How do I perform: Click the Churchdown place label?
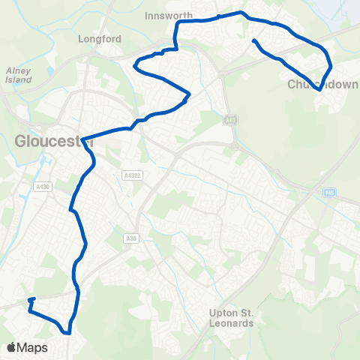click(323, 84)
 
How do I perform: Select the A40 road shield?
click(229, 120)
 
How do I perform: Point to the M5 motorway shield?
click(329, 193)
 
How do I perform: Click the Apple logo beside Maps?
click(12, 347)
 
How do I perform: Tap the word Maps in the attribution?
click(33, 347)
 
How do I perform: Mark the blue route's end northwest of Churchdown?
click(255, 40)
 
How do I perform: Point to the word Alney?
click(17, 70)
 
